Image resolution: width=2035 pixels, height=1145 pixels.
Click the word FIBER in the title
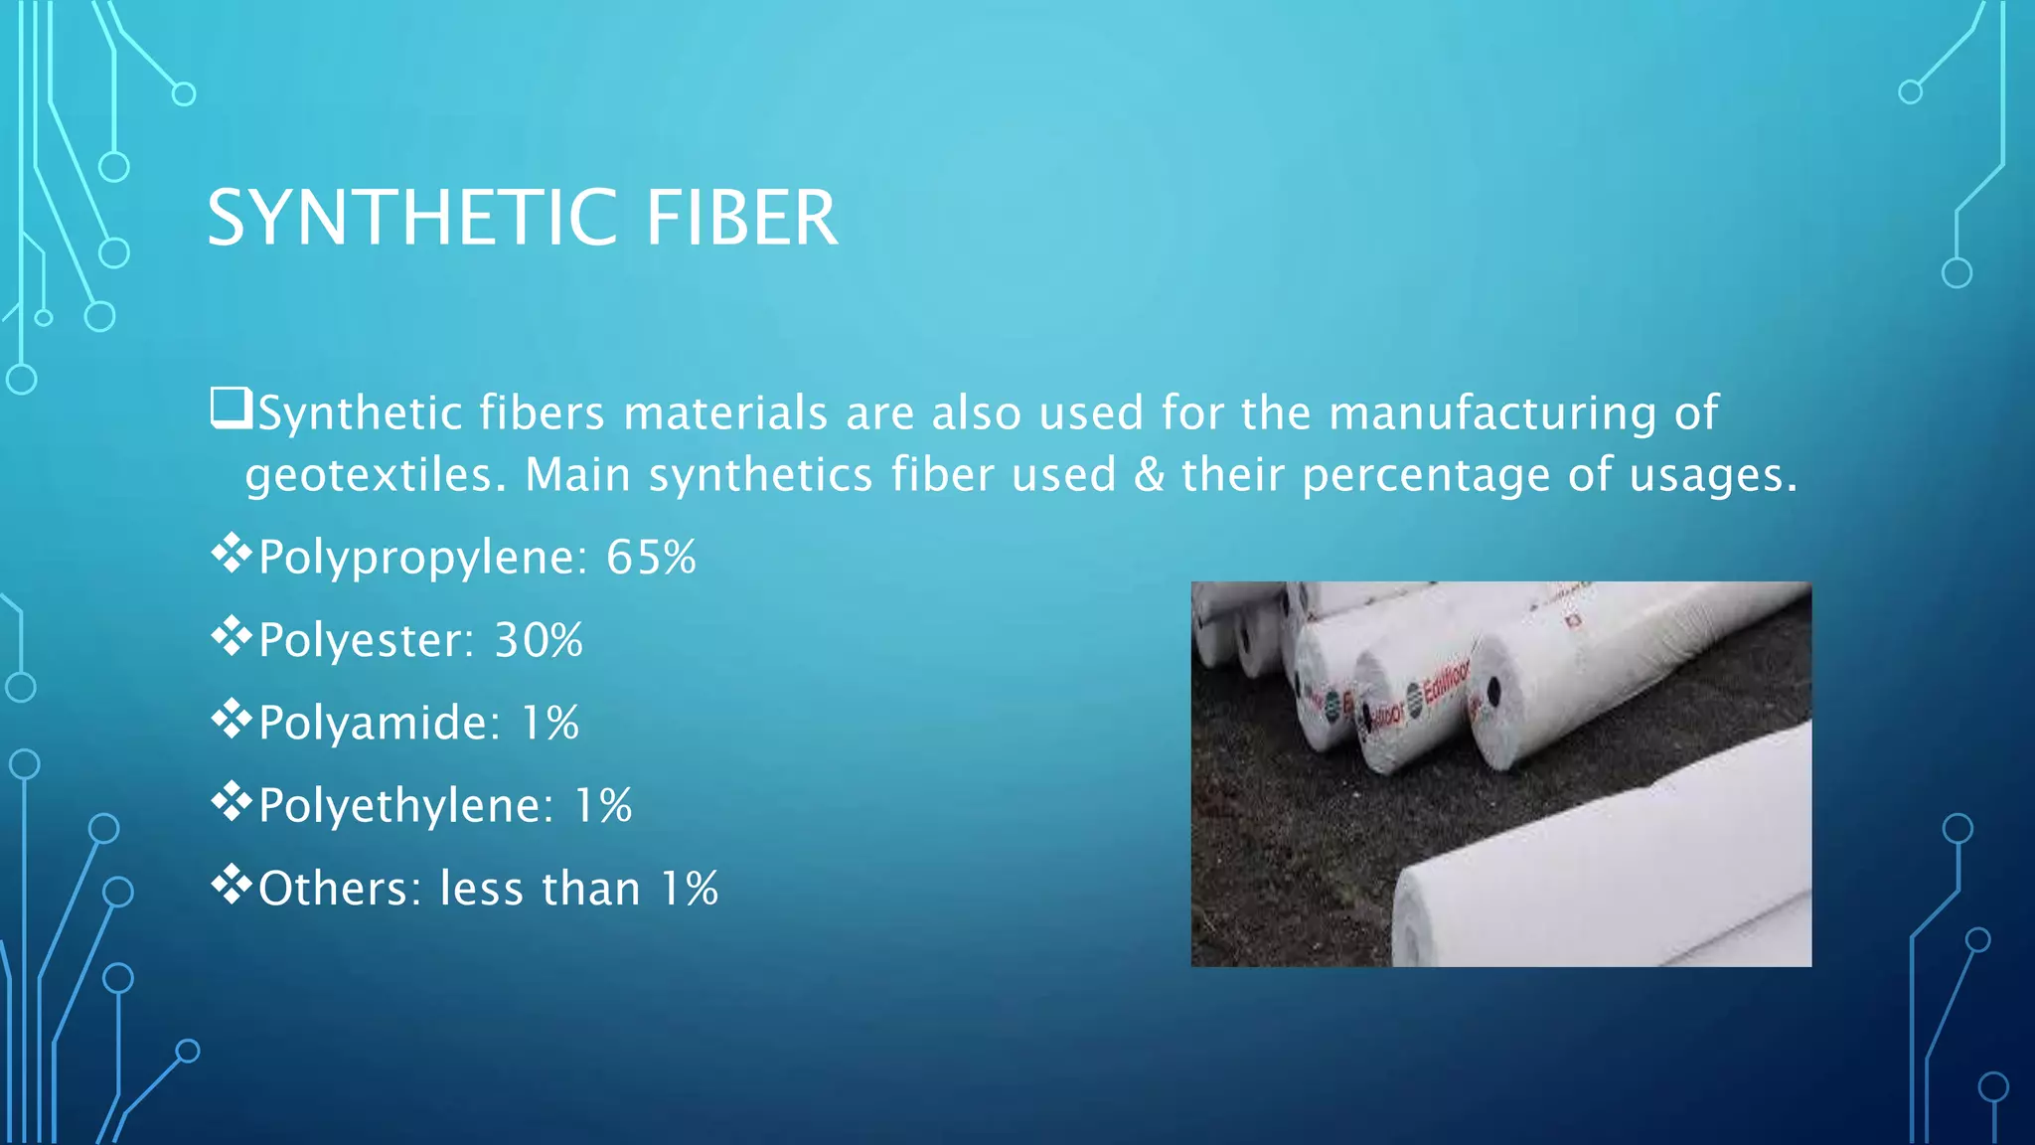(x=741, y=218)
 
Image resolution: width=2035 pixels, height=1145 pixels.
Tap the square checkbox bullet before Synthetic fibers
(x=230, y=409)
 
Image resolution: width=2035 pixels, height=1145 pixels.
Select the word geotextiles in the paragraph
(x=369, y=475)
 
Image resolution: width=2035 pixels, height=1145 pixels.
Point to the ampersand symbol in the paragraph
(x=1149, y=474)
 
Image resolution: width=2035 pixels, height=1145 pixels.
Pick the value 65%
(x=651, y=557)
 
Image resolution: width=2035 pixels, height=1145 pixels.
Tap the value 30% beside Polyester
(x=539, y=640)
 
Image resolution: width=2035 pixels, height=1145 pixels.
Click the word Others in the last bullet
(x=341, y=889)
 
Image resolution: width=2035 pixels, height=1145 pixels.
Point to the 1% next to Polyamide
(x=550, y=723)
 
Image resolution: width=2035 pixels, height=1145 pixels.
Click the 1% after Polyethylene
(x=603, y=805)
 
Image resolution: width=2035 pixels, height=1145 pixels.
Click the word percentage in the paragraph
(x=1426, y=475)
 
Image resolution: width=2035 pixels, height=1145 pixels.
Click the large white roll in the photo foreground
(x=1610, y=875)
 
